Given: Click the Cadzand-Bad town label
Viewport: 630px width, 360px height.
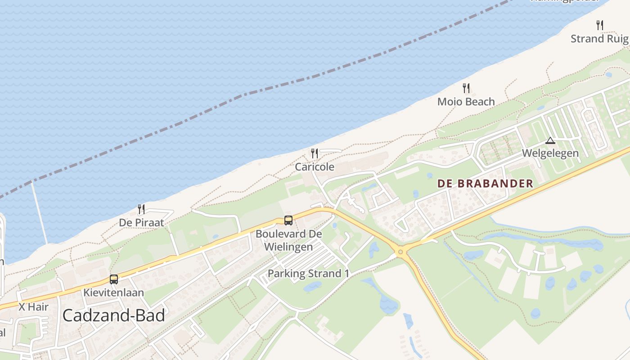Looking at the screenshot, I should pyautogui.click(x=113, y=315).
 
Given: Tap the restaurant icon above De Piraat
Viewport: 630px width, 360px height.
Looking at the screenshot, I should pyautogui.click(x=141, y=209).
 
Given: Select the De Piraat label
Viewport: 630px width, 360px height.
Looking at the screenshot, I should pyautogui.click(x=141, y=223).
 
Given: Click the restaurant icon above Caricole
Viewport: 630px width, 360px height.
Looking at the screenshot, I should pyautogui.click(x=315, y=153).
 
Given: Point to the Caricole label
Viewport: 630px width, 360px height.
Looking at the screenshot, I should pyautogui.click(x=315, y=167).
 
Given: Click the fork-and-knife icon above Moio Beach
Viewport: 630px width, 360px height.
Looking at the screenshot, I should pyautogui.click(x=466, y=88).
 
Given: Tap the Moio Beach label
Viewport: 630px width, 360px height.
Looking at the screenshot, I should pyautogui.click(x=466, y=102).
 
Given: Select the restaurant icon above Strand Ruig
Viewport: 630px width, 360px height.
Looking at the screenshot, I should pyautogui.click(x=599, y=25).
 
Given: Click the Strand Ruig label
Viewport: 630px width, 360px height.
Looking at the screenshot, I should pyautogui.click(x=599, y=39).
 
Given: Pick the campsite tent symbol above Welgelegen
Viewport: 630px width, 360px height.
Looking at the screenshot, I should pyautogui.click(x=550, y=141).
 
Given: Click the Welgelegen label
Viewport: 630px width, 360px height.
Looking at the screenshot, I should pyautogui.click(x=550, y=153).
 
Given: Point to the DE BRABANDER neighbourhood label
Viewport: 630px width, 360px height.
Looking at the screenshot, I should pyautogui.click(x=485, y=184).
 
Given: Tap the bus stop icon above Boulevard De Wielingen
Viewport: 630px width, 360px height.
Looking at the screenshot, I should pyautogui.click(x=288, y=220).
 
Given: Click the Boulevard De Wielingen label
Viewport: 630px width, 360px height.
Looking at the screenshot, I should pyautogui.click(x=288, y=240).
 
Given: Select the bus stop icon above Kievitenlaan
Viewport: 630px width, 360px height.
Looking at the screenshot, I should pyautogui.click(x=114, y=279).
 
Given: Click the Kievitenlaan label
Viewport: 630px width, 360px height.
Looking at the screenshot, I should pyautogui.click(x=114, y=292).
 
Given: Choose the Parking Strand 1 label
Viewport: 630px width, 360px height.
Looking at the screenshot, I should pyautogui.click(x=308, y=273).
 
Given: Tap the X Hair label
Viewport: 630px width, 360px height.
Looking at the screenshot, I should pyautogui.click(x=33, y=307).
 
